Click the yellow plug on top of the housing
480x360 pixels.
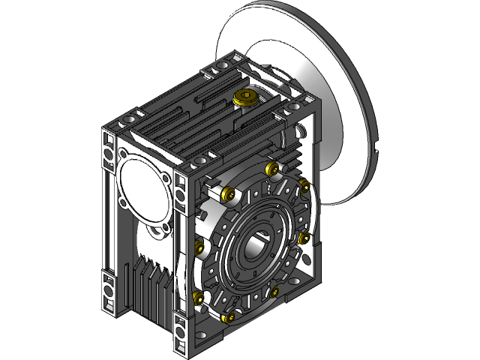245,97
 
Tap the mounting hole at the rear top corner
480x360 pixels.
221,69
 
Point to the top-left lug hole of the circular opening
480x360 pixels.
123,157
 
